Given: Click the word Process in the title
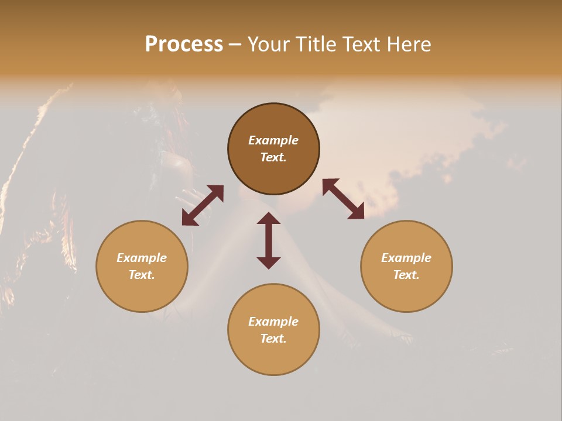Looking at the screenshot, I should [184, 44].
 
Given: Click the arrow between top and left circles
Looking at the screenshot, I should [203, 205].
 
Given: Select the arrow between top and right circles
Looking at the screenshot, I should [343, 199].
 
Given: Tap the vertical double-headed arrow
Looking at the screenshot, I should [269, 240].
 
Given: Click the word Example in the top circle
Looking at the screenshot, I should [273, 140].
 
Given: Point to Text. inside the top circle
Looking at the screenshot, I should [273, 157].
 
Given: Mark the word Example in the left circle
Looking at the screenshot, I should [142, 258].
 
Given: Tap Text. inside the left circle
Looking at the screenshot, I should [142, 275].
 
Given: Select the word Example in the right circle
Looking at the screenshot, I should [406, 258].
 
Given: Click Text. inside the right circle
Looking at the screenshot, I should [406, 275].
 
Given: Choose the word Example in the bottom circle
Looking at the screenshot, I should [273, 322].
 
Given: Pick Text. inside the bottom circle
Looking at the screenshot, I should [273, 339].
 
